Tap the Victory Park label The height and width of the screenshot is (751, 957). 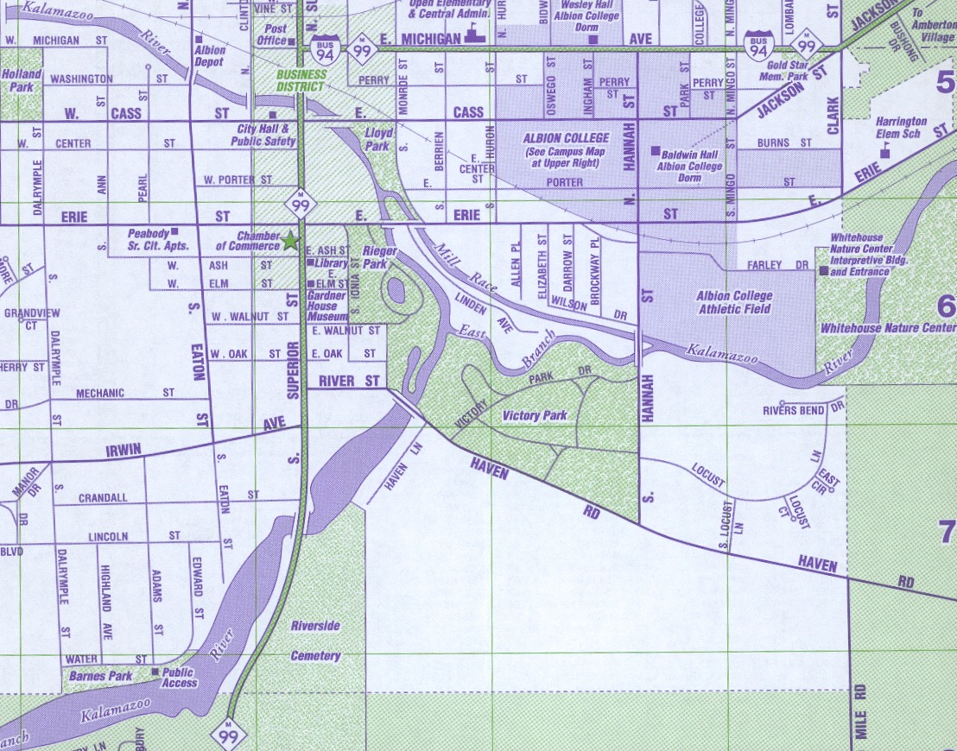[535, 415]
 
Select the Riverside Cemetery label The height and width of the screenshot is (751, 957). [315, 641]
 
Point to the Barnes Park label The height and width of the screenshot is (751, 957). [101, 677]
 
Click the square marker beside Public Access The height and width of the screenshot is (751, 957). [155, 672]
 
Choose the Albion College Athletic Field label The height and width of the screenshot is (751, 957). [734, 302]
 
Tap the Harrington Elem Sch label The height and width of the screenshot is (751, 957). [900, 128]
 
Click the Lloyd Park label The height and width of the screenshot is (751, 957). [378, 140]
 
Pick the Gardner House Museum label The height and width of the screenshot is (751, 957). [327, 306]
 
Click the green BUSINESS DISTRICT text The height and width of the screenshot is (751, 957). [301, 80]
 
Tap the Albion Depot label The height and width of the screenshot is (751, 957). [210, 56]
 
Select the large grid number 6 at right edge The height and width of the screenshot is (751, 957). [946, 306]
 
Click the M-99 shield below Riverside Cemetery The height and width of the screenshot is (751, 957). [229, 734]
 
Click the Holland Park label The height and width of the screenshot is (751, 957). [22, 80]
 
